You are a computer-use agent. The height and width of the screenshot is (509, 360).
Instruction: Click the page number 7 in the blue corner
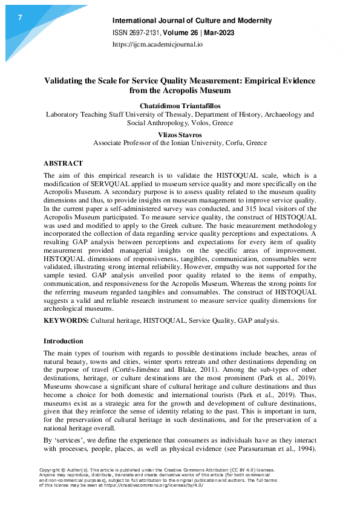20,18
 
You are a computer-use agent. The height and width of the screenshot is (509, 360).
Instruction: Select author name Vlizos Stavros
180,134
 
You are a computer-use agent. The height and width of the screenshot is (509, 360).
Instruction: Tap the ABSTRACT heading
64,163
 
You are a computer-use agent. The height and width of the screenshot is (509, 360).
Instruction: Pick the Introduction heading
64,341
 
